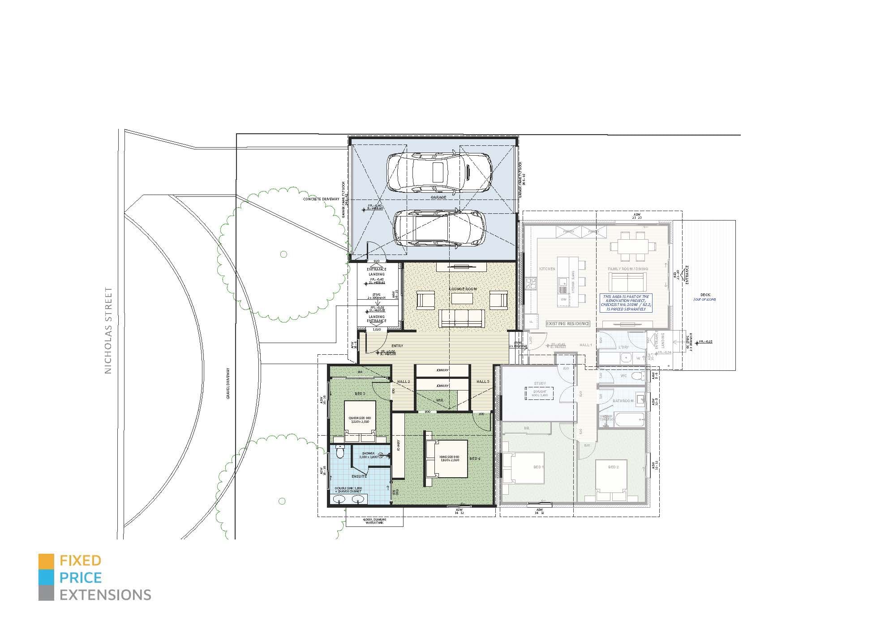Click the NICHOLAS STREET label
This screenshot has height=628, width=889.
[x=108, y=331]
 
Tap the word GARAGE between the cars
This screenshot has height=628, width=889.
[x=438, y=197]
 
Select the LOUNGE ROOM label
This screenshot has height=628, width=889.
[x=463, y=289]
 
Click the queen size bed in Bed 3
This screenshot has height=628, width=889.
[x=360, y=416]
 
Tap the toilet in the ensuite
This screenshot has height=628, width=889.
[x=340, y=453]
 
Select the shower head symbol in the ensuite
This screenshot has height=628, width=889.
[x=381, y=455]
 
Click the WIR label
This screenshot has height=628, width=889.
[x=440, y=400]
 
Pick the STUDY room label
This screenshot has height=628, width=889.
[x=540, y=383]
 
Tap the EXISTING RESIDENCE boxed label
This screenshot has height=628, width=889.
[x=567, y=323]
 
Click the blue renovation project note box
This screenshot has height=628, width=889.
[x=626, y=303]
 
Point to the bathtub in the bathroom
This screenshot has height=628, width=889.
[x=629, y=419]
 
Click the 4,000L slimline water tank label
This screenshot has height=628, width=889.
[x=374, y=521]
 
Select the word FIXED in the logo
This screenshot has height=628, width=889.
[x=81, y=560]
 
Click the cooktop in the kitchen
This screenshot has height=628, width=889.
[x=531, y=283]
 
